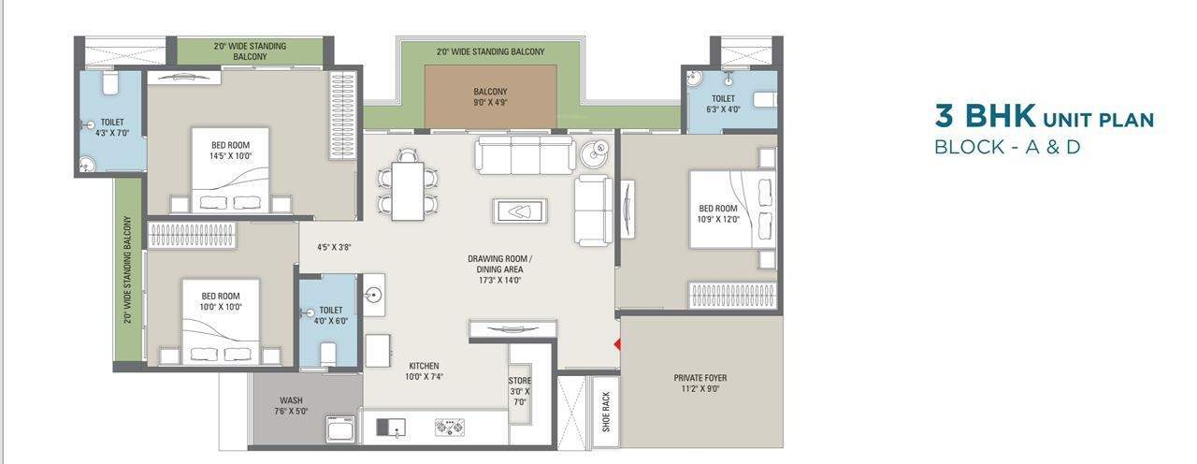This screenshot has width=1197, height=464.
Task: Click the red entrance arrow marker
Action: pos(616,345)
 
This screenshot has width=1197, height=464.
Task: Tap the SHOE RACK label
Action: pos(605,412)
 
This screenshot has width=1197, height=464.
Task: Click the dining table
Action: pos(408,191)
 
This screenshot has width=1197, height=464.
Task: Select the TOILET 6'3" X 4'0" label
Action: pos(723,103)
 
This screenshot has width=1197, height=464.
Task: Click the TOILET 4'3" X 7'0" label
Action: pos(112,127)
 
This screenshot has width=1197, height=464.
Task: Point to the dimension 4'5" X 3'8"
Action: pos(333,248)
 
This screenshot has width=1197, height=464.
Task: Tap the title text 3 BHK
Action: pos(985,118)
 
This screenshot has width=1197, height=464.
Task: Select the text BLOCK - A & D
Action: pos(1007,147)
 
